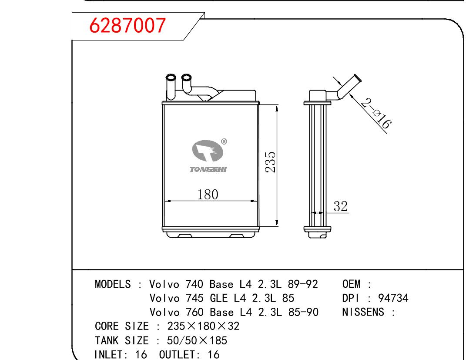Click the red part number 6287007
point(127,25)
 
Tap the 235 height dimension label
point(271,162)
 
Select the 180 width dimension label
point(208,195)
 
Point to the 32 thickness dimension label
point(340,206)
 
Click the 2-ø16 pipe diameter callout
point(376,114)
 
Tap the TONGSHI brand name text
point(208,169)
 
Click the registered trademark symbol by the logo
point(224,141)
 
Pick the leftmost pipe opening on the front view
point(171,77)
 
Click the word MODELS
point(113,284)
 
